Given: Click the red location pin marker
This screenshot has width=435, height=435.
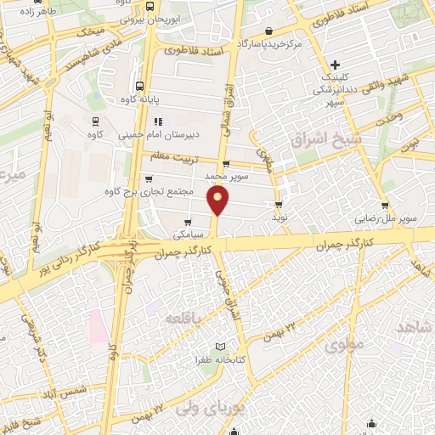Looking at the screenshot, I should [x=219, y=201].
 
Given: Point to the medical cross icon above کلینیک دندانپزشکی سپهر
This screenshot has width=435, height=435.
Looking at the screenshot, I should [x=336, y=65].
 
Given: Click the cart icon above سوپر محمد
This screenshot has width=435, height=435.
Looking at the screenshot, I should [x=225, y=164].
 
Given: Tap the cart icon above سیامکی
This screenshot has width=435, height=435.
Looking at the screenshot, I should [x=188, y=222].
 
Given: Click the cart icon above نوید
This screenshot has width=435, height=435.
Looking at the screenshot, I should [x=278, y=205].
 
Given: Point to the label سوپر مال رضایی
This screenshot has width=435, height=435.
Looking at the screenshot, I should [x=387, y=218].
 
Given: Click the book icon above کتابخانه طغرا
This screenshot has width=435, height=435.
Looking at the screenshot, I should [x=222, y=347].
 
